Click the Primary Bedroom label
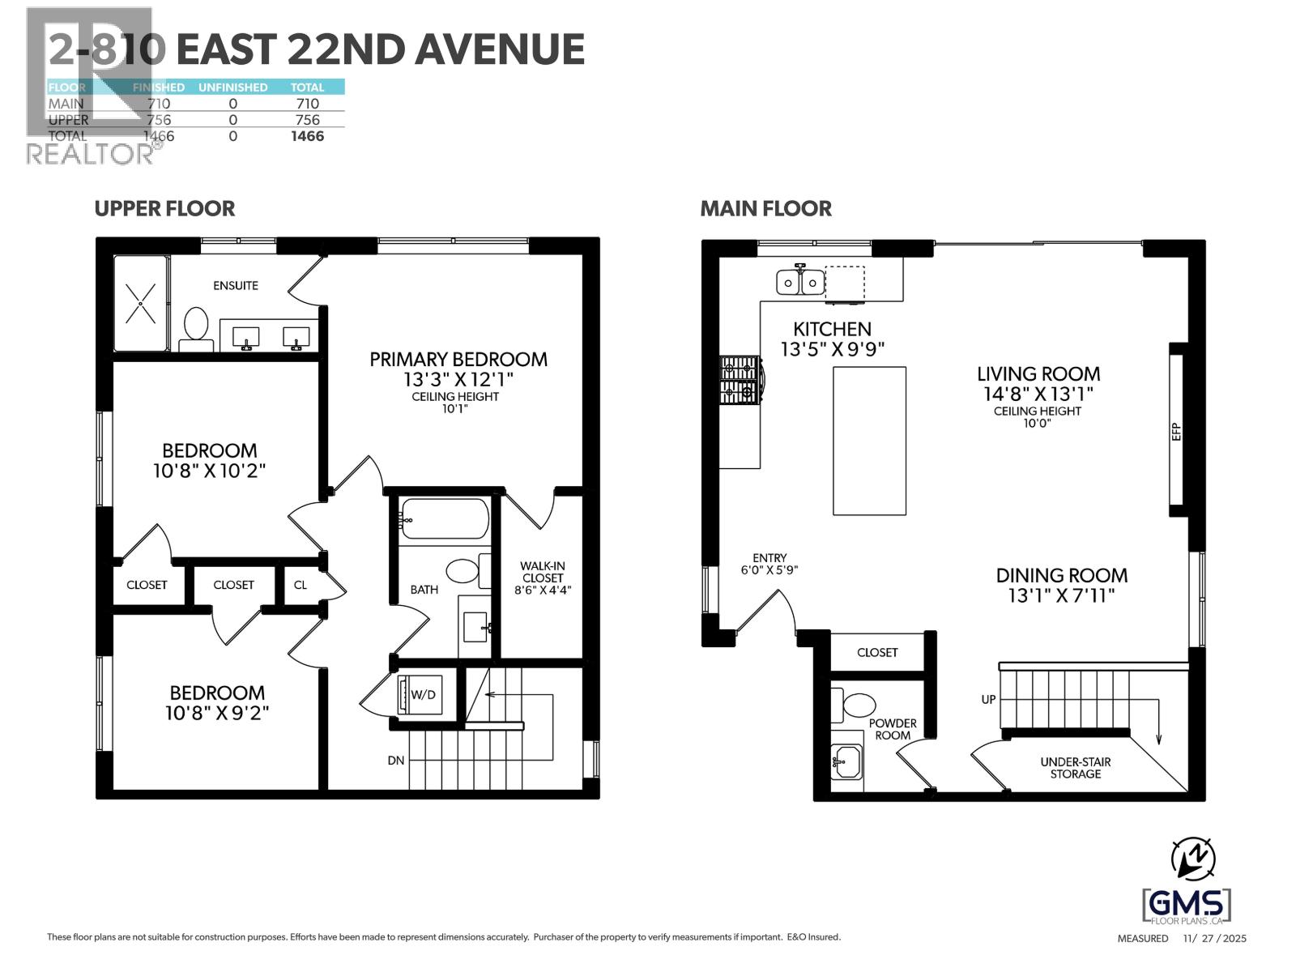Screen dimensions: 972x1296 coord(458,360)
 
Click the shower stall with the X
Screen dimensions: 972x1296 coord(141,303)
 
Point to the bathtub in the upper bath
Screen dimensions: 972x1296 coord(444,518)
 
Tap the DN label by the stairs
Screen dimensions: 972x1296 coord(395,760)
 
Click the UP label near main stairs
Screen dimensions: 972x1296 coord(988,699)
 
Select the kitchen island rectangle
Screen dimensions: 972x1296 coord(869,440)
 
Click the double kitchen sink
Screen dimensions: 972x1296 coord(800,282)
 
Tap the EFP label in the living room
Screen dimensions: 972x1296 coord(1177,432)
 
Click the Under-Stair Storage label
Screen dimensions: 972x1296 coord(1075,768)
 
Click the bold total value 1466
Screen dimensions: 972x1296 coord(308,136)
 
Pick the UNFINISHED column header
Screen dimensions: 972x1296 coord(232,87)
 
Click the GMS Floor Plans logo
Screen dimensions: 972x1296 coord(1187,904)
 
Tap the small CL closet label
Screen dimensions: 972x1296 coord(301,585)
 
